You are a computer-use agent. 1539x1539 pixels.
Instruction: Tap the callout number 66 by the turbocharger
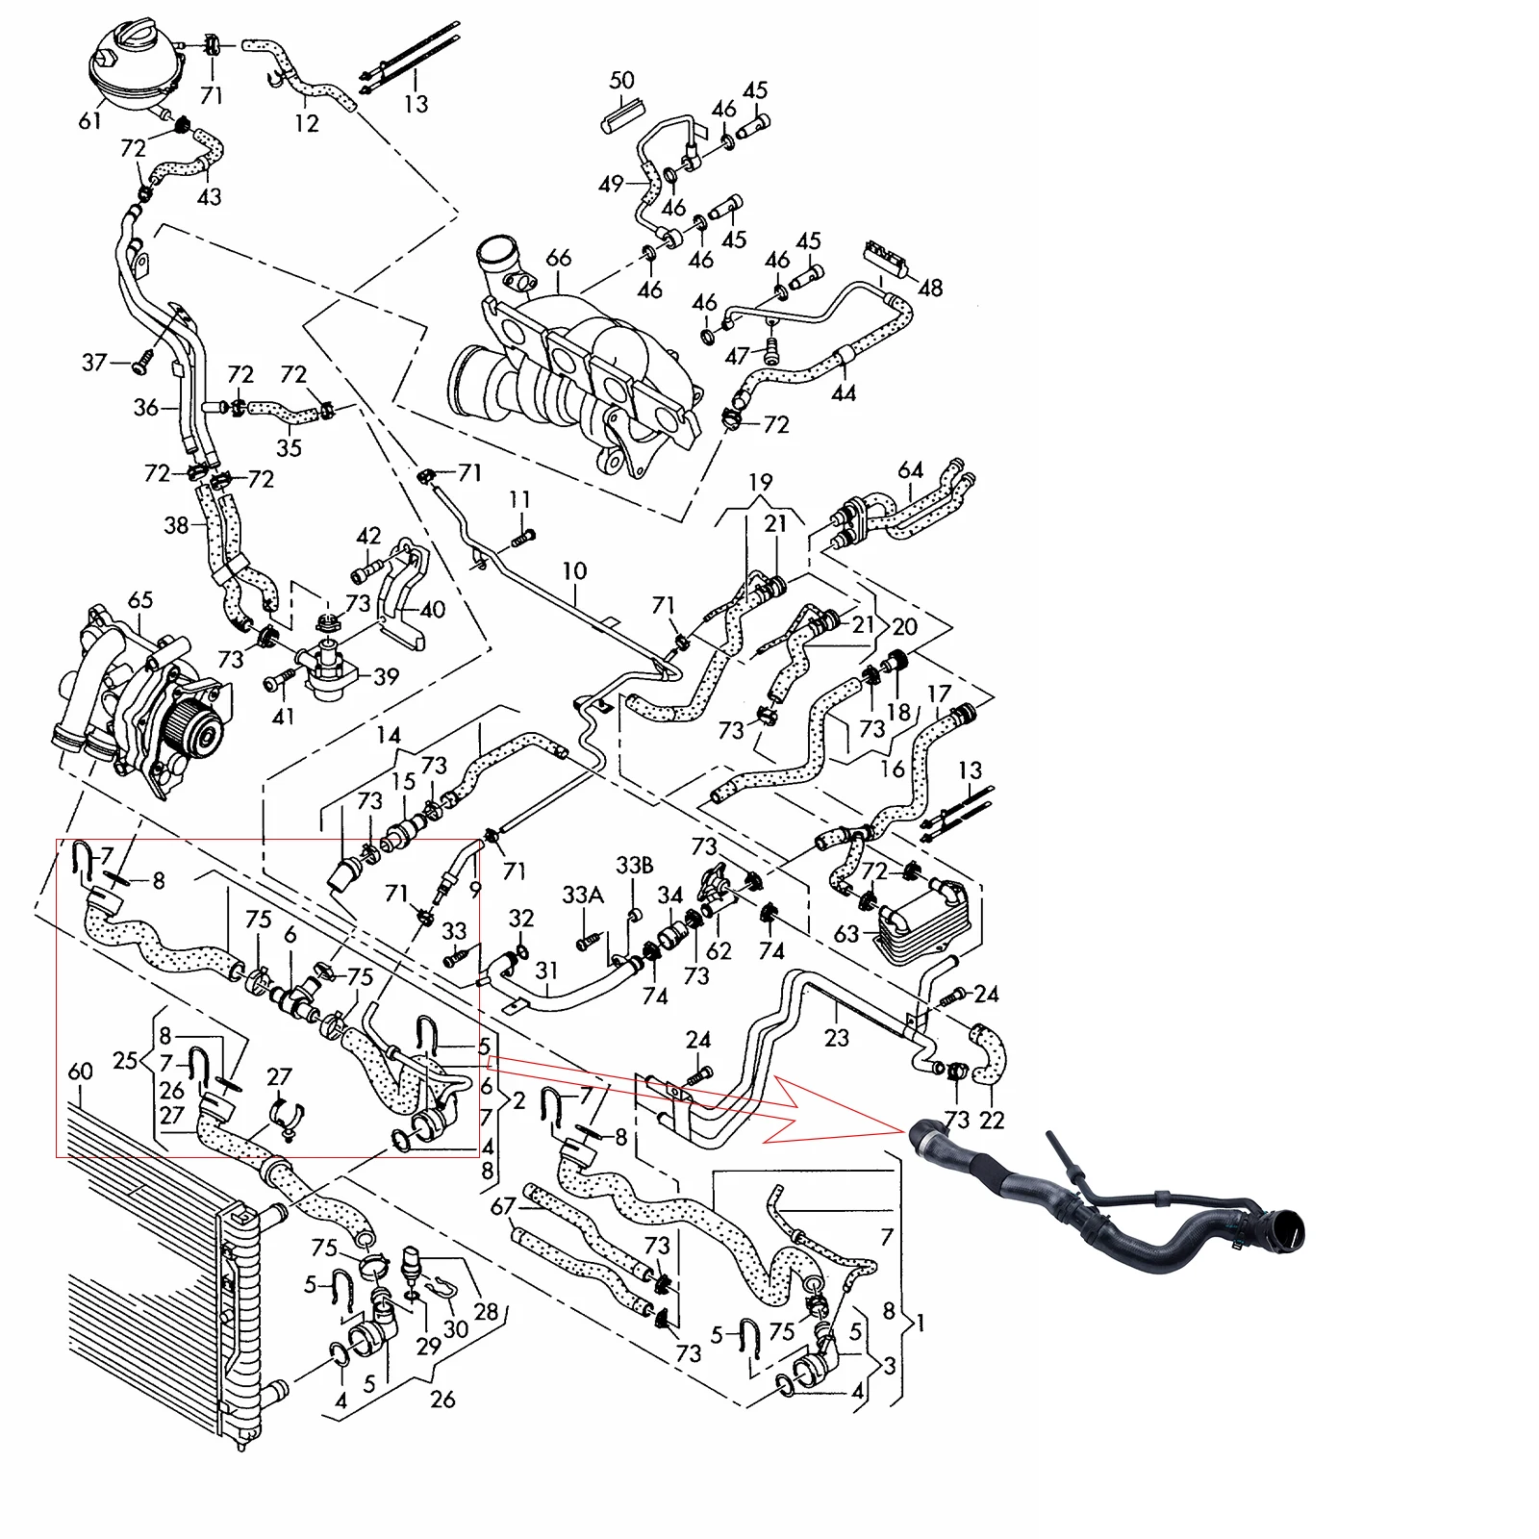[x=558, y=258]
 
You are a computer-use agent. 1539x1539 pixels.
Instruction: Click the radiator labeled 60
[x=164, y=1270]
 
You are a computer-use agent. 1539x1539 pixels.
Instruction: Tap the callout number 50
[x=622, y=80]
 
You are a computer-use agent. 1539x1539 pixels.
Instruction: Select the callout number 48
[x=930, y=288]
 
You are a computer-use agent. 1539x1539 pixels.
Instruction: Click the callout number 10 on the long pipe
[x=574, y=570]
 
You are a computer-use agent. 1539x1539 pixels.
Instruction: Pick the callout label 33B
[x=635, y=865]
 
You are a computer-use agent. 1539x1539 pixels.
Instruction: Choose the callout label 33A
[x=583, y=896]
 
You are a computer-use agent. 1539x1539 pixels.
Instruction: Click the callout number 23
[x=837, y=1038]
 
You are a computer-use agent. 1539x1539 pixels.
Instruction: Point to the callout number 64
[x=910, y=470]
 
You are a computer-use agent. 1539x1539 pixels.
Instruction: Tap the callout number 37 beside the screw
[x=94, y=363]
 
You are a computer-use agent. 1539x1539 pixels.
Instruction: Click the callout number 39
[x=386, y=676]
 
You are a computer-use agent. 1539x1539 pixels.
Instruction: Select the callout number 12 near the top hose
[x=306, y=123]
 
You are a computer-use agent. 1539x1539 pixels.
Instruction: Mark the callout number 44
[x=844, y=392]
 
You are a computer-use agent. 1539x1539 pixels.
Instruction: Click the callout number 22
[x=992, y=1120]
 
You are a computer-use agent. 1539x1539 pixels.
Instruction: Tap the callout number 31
[x=546, y=971]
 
